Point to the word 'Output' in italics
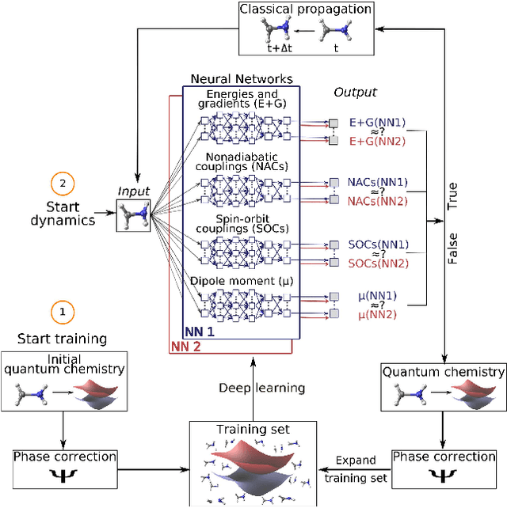coord(355,93)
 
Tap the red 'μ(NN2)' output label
coord(377,315)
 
